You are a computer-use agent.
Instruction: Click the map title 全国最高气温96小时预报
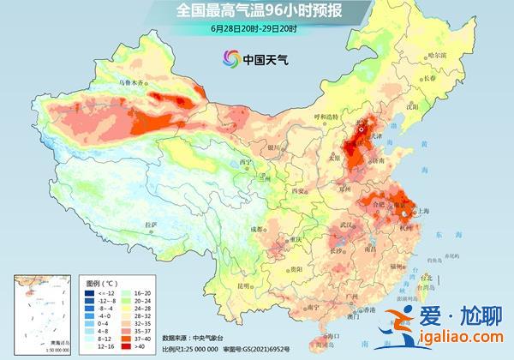pos(256,11)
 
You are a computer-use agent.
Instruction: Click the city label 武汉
pos(347,224)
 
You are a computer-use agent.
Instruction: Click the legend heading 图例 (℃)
pos(102,281)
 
